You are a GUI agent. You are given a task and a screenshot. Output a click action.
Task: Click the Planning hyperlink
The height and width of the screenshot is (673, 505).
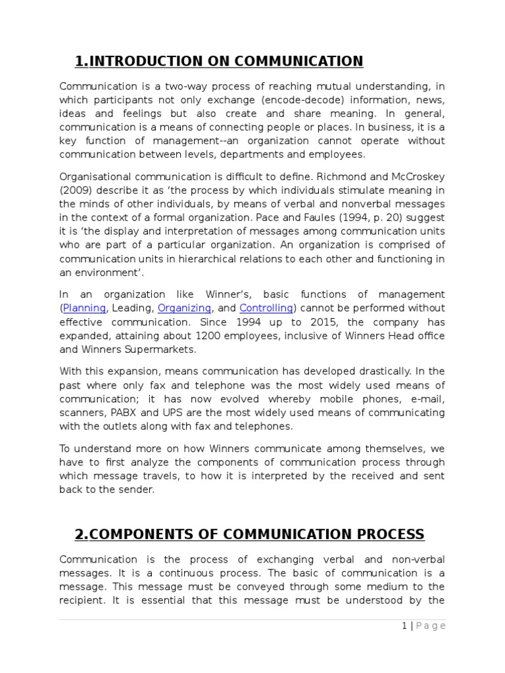[x=84, y=308]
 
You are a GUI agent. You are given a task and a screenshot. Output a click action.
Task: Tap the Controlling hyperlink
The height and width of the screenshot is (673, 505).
[x=266, y=308]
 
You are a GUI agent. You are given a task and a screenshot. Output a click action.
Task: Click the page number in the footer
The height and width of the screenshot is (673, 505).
[x=405, y=626]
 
